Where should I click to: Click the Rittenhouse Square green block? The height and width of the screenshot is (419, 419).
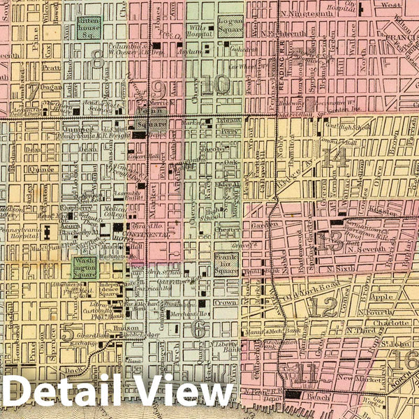(x=89, y=28)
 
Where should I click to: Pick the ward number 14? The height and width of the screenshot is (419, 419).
(x=337, y=159)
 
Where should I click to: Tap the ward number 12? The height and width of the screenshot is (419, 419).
(x=323, y=306)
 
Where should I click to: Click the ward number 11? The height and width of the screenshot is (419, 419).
(x=305, y=374)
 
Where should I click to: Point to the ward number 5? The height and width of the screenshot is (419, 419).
(x=67, y=334)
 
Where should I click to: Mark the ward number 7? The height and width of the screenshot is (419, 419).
(x=32, y=91)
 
